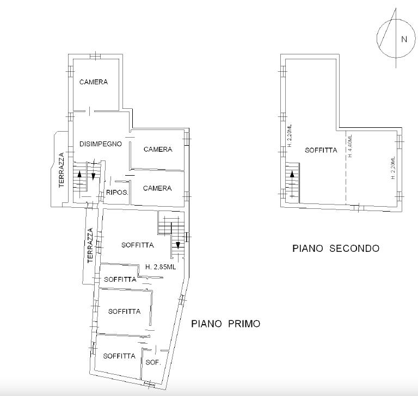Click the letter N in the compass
click(x=404, y=39)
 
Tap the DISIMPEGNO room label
click(x=101, y=144)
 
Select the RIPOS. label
click(x=117, y=192)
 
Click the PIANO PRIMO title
click(x=226, y=324)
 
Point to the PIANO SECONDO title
click(x=336, y=249)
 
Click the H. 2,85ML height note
click(x=161, y=267)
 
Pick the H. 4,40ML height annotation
click(x=350, y=146)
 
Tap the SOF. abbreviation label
click(x=153, y=362)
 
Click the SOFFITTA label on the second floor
click(x=321, y=150)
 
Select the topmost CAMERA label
click(x=94, y=82)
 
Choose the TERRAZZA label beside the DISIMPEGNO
click(x=62, y=170)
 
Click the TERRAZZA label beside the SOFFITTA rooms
click(x=90, y=245)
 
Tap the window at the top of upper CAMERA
click(x=95, y=57)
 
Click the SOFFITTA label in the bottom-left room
click(x=119, y=356)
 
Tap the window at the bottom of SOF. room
click(x=149, y=383)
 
